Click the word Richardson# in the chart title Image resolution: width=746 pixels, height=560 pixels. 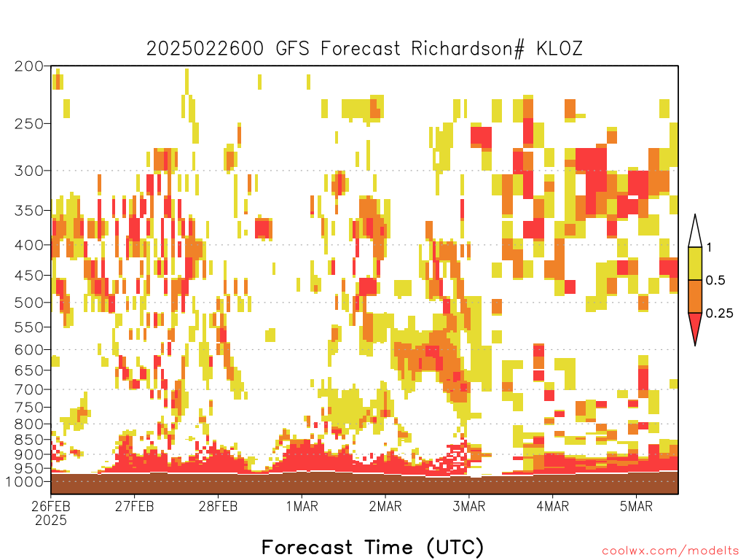point(467,49)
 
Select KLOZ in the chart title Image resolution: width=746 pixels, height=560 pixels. point(559,49)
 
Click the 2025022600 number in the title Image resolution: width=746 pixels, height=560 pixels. point(205,49)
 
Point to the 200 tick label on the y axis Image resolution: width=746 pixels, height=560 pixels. point(29,66)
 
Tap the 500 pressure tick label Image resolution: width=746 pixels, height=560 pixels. point(29,303)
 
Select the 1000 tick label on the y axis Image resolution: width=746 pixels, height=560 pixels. point(25,481)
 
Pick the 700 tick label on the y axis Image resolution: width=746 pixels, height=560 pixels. point(29,389)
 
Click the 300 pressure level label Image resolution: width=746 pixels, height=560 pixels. point(29,171)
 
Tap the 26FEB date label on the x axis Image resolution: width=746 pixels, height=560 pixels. point(51,506)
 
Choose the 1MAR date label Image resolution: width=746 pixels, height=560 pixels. point(302,506)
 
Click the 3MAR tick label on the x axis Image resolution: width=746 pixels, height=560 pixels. point(469,506)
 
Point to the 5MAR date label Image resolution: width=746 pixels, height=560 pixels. point(636,506)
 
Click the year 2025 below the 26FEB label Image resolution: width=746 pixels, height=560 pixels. point(51,520)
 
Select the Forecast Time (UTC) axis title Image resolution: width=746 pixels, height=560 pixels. point(372,547)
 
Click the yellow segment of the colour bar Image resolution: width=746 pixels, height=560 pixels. point(695,263)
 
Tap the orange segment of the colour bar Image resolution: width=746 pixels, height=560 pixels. point(695,296)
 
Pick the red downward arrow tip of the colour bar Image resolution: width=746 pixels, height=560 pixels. point(695,345)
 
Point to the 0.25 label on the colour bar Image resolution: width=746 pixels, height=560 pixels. point(719,313)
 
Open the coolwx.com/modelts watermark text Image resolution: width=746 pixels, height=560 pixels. point(671,551)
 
